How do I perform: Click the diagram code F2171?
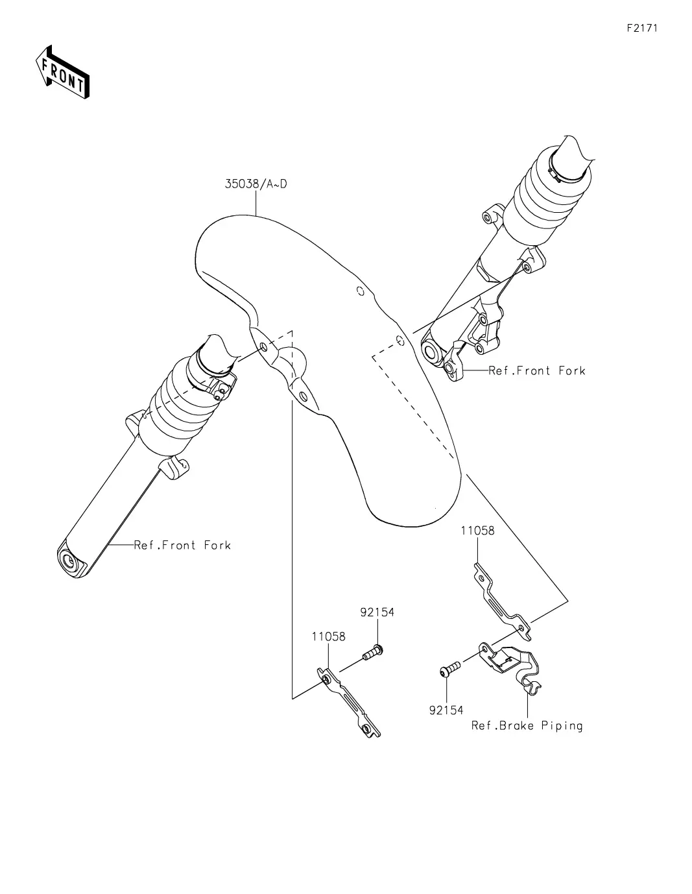(x=642, y=29)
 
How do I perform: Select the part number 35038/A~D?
(x=256, y=184)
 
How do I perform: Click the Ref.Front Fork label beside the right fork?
(x=536, y=370)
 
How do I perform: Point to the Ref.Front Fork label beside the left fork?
(x=182, y=546)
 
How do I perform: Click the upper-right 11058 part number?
(x=477, y=531)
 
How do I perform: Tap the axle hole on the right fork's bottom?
(x=431, y=352)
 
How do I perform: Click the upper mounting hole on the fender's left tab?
(x=264, y=348)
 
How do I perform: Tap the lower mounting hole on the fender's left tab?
(x=303, y=396)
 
